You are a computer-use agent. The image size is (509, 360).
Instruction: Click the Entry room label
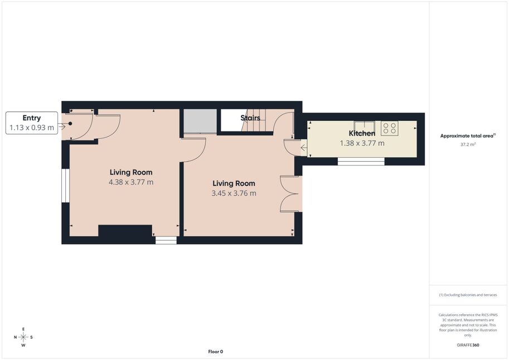click(31, 118)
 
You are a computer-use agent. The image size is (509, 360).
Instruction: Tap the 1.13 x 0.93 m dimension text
click(31, 128)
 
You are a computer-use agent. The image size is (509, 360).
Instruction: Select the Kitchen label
click(362, 133)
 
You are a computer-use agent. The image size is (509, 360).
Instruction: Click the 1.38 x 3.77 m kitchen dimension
click(362, 143)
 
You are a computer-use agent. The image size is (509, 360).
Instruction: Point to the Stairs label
click(250, 118)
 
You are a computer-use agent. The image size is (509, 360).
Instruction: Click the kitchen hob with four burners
click(390, 128)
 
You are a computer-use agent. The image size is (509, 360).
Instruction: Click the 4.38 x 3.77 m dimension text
click(131, 182)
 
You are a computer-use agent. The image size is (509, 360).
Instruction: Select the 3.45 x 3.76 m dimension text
click(234, 193)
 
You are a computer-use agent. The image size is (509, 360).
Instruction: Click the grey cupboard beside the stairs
click(200, 121)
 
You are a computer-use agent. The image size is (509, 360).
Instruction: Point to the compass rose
click(23, 337)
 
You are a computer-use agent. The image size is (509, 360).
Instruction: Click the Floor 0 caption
click(216, 352)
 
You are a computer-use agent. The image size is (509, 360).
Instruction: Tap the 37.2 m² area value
click(468, 144)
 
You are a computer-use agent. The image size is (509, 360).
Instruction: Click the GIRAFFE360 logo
click(468, 345)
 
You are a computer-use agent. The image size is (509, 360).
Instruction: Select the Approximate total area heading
click(468, 135)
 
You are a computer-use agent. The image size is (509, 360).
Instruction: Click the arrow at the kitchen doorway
click(303, 148)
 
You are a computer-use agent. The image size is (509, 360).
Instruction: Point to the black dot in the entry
click(70, 124)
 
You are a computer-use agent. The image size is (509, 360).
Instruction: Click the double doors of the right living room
click(289, 194)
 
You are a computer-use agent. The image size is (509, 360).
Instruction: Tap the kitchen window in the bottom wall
click(361, 162)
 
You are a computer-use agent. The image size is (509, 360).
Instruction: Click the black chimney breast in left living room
click(125, 231)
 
